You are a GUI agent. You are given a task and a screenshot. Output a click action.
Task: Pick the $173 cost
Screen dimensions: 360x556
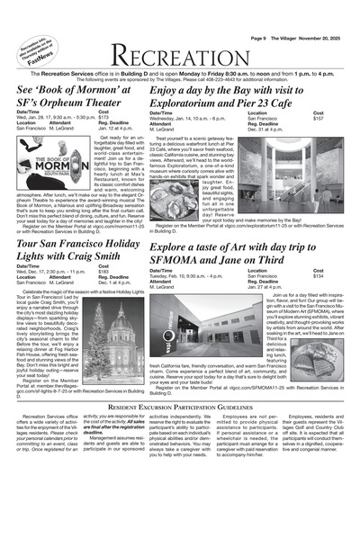pos(103,117)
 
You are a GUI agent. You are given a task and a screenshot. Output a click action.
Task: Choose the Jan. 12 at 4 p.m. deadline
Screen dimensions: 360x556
pos(116,130)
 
